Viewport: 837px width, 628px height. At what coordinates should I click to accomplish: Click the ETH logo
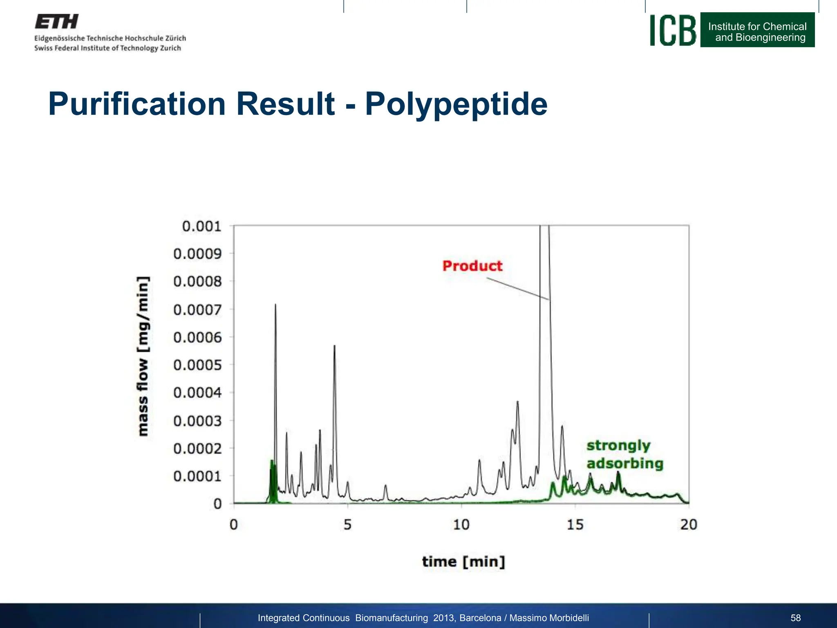[x=56, y=22]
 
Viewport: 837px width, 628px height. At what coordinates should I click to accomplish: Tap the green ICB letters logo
[x=673, y=30]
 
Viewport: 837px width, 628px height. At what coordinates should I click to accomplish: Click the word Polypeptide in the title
[x=456, y=104]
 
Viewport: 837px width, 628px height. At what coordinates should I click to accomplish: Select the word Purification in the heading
[x=137, y=104]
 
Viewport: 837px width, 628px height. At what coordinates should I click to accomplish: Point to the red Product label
[x=472, y=266]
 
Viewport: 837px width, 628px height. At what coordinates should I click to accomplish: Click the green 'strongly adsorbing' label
[x=624, y=454]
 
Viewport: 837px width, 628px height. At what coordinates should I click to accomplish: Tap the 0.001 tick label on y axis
[x=201, y=226]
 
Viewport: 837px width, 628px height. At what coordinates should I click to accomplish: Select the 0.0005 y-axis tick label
[x=197, y=365]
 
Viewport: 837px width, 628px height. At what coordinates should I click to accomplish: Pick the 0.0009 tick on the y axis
[x=197, y=254]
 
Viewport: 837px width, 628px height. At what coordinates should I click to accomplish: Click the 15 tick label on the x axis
[x=575, y=525]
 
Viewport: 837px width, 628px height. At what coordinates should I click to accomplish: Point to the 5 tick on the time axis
[x=347, y=525]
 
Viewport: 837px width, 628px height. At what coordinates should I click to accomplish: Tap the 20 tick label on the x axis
[x=689, y=525]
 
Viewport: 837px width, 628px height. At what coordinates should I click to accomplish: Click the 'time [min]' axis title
[x=463, y=562]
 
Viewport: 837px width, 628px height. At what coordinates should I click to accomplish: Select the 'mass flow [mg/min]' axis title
[x=143, y=356]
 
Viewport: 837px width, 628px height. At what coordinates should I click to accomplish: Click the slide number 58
[x=795, y=618]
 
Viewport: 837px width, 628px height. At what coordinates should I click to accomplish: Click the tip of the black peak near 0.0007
[x=275, y=305]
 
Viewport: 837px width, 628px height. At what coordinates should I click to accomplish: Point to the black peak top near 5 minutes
[x=334, y=346]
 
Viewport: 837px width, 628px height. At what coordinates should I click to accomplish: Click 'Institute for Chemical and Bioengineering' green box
[x=757, y=30]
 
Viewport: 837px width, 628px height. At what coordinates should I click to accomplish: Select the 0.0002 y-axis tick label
[x=197, y=449]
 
